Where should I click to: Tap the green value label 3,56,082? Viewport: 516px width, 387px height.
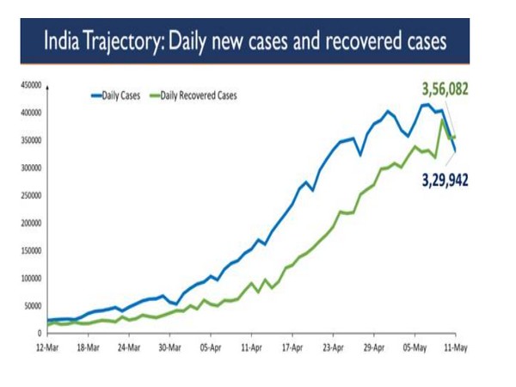(x=445, y=89)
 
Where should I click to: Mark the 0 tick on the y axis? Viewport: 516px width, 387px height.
(x=38, y=333)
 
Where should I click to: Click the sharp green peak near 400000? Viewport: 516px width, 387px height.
(x=442, y=120)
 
